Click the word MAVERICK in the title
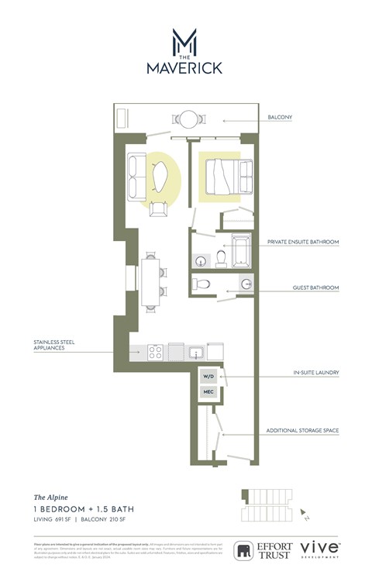tap(184, 68)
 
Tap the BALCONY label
tap(280, 119)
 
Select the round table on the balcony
tap(188, 119)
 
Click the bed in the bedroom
tap(226, 177)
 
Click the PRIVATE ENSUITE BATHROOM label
tap(302, 243)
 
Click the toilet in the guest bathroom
tap(201, 284)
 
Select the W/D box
tap(208, 377)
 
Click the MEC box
tap(208, 393)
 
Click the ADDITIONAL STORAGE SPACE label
tap(302, 431)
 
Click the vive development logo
tap(319, 549)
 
